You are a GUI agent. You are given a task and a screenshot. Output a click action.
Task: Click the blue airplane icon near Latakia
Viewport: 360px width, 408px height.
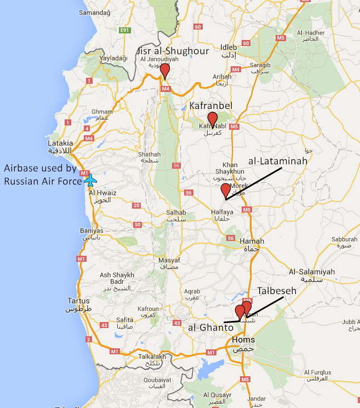[x=91, y=179]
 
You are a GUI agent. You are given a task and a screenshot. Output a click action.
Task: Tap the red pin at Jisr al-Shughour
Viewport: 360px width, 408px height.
[x=164, y=71]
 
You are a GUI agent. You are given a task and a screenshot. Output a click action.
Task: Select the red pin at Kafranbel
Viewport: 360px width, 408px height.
[x=213, y=118]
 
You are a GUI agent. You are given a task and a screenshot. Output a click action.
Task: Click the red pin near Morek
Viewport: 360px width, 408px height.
[x=225, y=190]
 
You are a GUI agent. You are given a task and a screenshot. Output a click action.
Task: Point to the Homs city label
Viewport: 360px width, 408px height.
[x=243, y=340]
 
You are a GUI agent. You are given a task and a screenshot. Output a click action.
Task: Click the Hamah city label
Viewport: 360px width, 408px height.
[x=252, y=241]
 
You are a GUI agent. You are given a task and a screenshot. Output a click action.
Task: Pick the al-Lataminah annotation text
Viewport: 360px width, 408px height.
[x=278, y=162]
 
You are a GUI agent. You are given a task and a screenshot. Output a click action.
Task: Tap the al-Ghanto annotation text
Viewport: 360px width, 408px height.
[x=209, y=327]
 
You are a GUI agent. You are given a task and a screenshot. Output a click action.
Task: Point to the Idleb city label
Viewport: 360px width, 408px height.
[x=228, y=47]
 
